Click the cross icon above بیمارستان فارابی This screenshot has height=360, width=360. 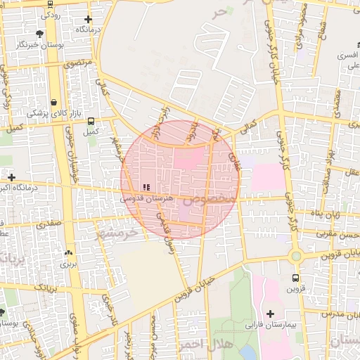click(x=270, y=313)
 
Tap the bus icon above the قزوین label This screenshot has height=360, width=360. click(x=295, y=278)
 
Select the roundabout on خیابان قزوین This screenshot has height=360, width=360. click(x=296, y=256)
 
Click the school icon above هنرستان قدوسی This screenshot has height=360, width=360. click(x=146, y=187)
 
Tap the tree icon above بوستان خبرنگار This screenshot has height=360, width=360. click(x=39, y=33)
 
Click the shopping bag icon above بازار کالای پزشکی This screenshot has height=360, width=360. click(x=54, y=102)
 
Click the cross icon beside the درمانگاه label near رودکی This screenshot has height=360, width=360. click(x=88, y=20)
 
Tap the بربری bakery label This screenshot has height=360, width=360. click(x=67, y=264)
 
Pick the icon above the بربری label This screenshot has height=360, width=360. click(x=68, y=253)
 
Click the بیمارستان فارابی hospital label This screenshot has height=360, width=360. click(x=271, y=326)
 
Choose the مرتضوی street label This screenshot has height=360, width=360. click(x=79, y=63)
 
